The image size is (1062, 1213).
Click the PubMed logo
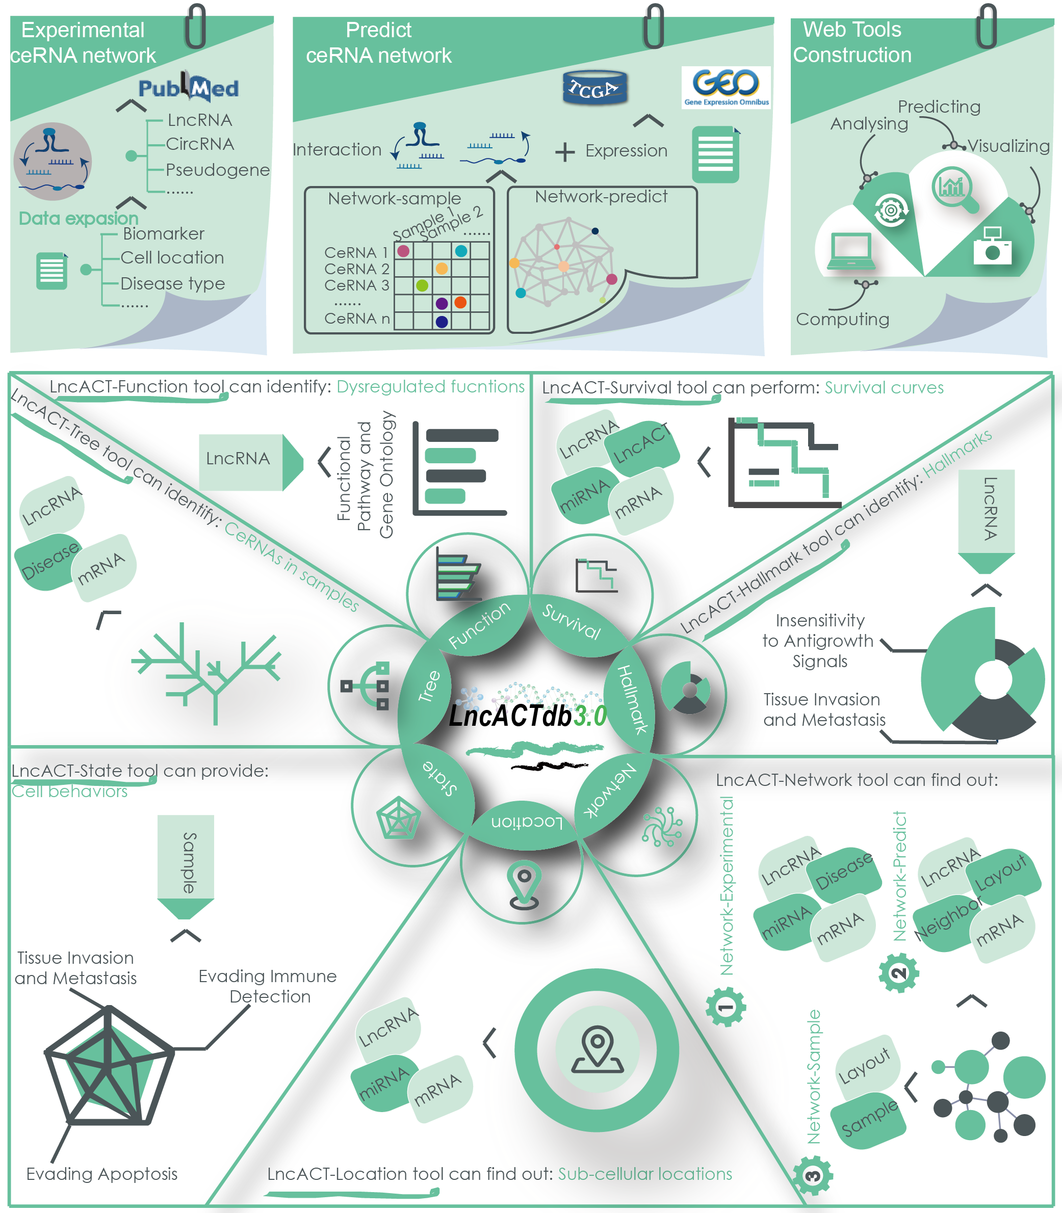point(189,88)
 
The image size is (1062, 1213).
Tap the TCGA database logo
point(594,88)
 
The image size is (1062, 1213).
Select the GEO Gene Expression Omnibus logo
point(726,87)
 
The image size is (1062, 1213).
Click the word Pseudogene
point(218,170)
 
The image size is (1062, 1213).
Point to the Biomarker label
point(164,234)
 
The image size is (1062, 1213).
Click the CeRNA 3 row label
point(356,285)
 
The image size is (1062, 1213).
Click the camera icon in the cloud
point(993,246)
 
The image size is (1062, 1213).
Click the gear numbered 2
point(898,972)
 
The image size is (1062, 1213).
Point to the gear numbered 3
point(813,1176)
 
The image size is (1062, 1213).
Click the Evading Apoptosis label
point(102,1174)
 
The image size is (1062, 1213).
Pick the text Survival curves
point(884,387)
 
